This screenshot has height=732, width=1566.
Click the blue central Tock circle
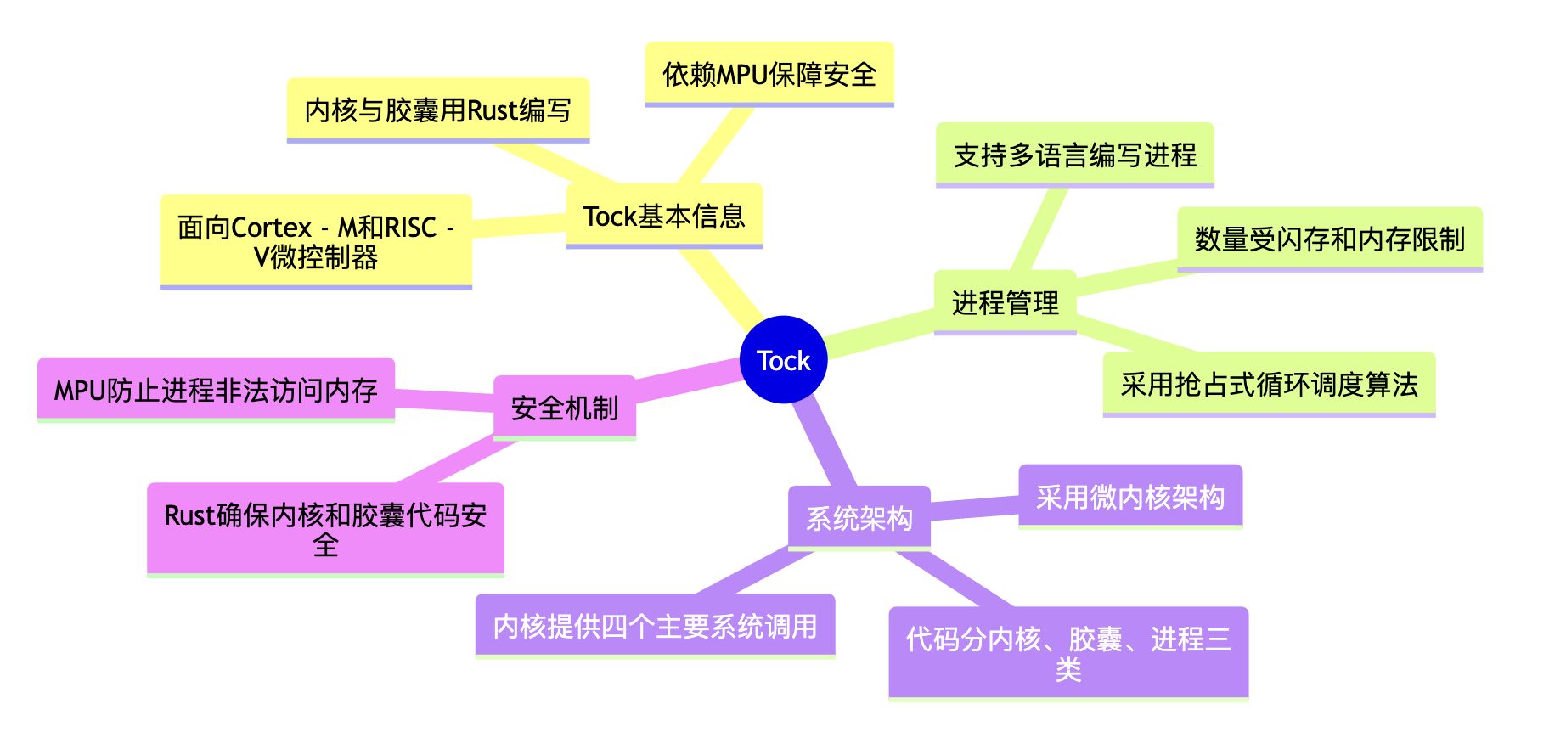click(x=783, y=360)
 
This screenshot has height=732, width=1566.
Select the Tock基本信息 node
click(x=664, y=217)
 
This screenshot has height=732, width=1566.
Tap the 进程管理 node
click(x=1005, y=302)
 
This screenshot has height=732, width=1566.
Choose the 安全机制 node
click(x=564, y=408)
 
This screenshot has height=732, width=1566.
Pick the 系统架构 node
click(x=859, y=517)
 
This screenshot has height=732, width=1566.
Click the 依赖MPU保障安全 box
click(x=769, y=74)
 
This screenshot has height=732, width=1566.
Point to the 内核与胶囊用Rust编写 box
click(x=437, y=110)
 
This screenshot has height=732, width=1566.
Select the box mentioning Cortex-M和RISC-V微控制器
click(x=315, y=241)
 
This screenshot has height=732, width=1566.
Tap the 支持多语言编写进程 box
click(x=1074, y=155)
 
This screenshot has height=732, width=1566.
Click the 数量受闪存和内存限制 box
click(x=1329, y=239)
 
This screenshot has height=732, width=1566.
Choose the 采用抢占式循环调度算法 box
click(x=1269, y=384)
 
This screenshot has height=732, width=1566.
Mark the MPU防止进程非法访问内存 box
click(x=216, y=390)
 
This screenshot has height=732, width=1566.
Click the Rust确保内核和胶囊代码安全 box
click(x=325, y=529)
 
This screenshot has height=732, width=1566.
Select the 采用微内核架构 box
click(x=1129, y=496)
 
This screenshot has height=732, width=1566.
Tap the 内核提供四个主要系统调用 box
click(x=655, y=626)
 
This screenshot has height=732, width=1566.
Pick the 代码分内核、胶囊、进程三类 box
click(x=1068, y=653)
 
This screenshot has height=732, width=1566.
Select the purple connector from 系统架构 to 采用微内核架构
click(x=974, y=508)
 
